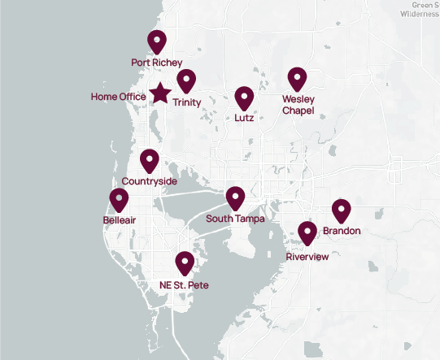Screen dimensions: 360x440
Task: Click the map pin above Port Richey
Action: (x=156, y=41)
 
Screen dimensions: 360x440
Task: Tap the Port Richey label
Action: (x=156, y=62)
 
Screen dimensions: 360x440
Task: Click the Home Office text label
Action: (x=119, y=97)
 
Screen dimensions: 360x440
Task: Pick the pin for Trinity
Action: (x=187, y=81)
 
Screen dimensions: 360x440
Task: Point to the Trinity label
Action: (x=186, y=102)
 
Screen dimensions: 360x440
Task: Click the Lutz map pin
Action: (x=244, y=98)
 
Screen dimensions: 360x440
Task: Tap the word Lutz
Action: (x=244, y=118)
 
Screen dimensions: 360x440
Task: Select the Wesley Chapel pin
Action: (x=298, y=79)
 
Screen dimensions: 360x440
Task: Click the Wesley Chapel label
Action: (x=298, y=105)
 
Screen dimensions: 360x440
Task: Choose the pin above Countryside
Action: (x=150, y=160)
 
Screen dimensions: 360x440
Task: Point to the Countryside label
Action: (x=149, y=181)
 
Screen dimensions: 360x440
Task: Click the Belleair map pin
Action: (x=120, y=199)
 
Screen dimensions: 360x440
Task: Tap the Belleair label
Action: (x=120, y=220)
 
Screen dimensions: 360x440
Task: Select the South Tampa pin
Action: (x=235, y=197)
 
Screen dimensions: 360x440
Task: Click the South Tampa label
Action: (x=235, y=219)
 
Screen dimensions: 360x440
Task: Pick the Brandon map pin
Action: (x=341, y=210)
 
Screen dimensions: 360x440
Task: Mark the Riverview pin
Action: (x=307, y=233)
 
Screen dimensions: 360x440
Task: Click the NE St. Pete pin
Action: (x=185, y=262)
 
